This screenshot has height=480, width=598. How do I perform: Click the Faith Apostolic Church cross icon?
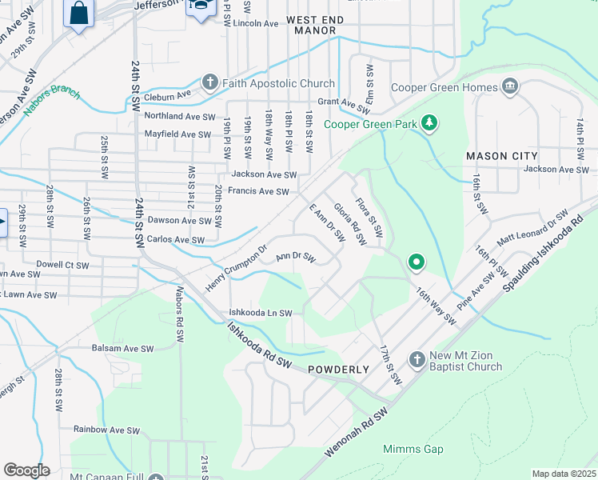[x=209, y=83]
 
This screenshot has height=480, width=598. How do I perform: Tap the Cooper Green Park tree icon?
[x=430, y=123]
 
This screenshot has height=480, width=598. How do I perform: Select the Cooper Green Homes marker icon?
[x=510, y=87]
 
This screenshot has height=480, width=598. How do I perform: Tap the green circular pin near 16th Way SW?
[x=416, y=262]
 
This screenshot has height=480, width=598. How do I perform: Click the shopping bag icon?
[x=79, y=14]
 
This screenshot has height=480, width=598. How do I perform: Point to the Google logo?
[x=26, y=470]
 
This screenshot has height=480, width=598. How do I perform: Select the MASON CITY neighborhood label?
[x=502, y=154]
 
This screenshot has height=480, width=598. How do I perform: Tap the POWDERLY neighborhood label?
[x=338, y=370]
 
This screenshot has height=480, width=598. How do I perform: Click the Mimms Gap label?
[x=413, y=450]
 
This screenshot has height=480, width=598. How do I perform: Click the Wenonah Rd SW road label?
[x=357, y=430]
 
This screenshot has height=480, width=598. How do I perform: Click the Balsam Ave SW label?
[x=124, y=349]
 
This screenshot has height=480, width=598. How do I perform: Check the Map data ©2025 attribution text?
[x=564, y=474]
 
